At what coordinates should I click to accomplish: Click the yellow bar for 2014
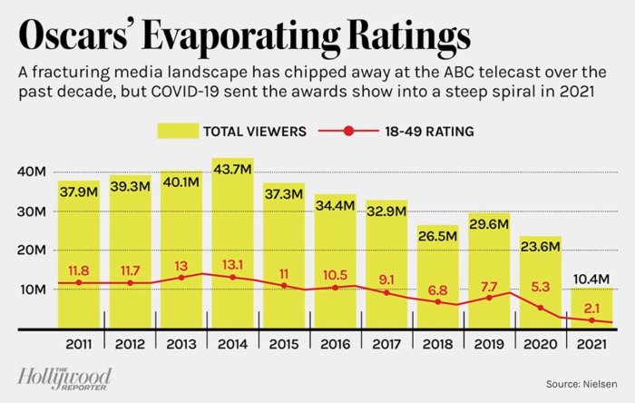coord(233,245)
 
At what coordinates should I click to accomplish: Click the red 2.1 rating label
coord(591,307)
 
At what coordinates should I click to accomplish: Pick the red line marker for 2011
coord(79,282)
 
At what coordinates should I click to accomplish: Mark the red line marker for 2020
coord(541,308)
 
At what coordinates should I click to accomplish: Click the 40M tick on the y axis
coord(33,172)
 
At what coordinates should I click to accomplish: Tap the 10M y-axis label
coord(33,290)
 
